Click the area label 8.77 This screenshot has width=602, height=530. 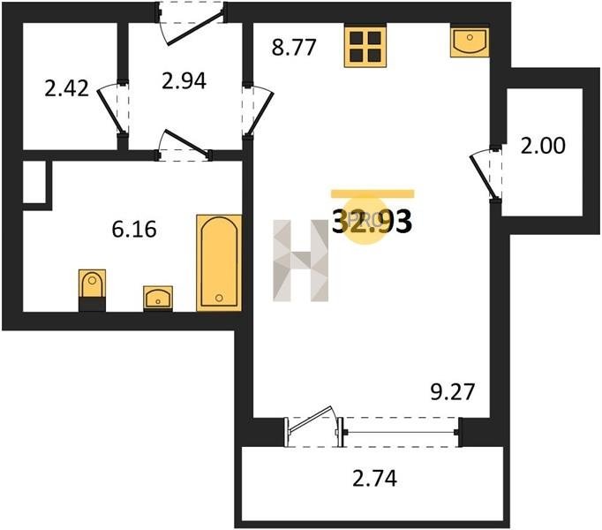[294, 48]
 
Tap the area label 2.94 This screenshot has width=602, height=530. [184, 81]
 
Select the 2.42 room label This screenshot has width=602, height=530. [67, 88]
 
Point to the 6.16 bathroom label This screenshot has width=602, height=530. [134, 230]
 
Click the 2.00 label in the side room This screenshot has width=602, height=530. [543, 146]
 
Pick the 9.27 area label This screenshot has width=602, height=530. [453, 392]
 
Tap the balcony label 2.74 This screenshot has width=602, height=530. [375, 479]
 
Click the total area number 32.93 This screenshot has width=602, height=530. [372, 222]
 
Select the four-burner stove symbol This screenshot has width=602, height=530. [365, 46]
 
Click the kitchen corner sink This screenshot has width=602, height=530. [470, 42]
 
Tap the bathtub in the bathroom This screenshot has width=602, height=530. [219, 263]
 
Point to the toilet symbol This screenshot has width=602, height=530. [92, 290]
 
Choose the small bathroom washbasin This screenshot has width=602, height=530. [158, 299]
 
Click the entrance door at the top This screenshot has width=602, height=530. [191, 22]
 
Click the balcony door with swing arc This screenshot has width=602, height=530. [313, 426]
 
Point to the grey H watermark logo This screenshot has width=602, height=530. [301, 261]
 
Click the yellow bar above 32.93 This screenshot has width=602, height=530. [372, 193]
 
